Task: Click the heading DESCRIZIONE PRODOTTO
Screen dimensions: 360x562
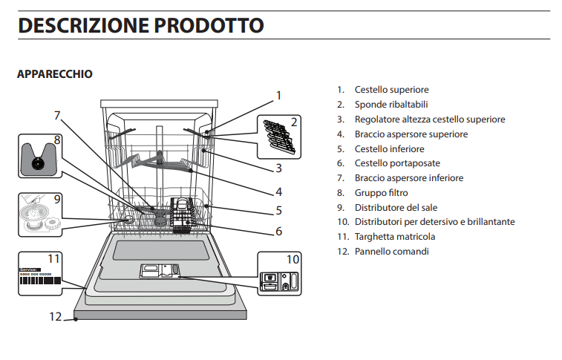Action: (x=140, y=25)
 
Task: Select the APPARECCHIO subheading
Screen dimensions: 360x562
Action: (x=54, y=74)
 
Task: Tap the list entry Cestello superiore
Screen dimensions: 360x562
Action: (x=391, y=90)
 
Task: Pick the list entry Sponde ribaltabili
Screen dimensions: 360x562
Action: (x=391, y=105)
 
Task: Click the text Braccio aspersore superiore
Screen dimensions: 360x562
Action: (x=411, y=134)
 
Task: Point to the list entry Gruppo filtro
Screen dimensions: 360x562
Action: (x=381, y=193)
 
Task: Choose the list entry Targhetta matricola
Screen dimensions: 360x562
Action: (x=394, y=237)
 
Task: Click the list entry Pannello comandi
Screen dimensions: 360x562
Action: (x=391, y=252)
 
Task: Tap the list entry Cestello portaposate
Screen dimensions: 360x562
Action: (x=396, y=163)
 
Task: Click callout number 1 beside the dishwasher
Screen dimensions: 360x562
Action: (x=278, y=95)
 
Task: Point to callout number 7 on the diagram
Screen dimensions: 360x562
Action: (x=56, y=115)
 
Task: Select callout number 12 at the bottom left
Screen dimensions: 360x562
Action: (x=55, y=316)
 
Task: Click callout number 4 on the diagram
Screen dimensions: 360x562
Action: (x=278, y=192)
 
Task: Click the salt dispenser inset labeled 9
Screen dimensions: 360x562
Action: (x=39, y=214)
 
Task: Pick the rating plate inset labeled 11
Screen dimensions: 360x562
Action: (x=39, y=274)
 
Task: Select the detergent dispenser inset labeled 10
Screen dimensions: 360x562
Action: (x=281, y=275)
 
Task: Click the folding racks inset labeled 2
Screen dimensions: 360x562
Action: (x=279, y=137)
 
